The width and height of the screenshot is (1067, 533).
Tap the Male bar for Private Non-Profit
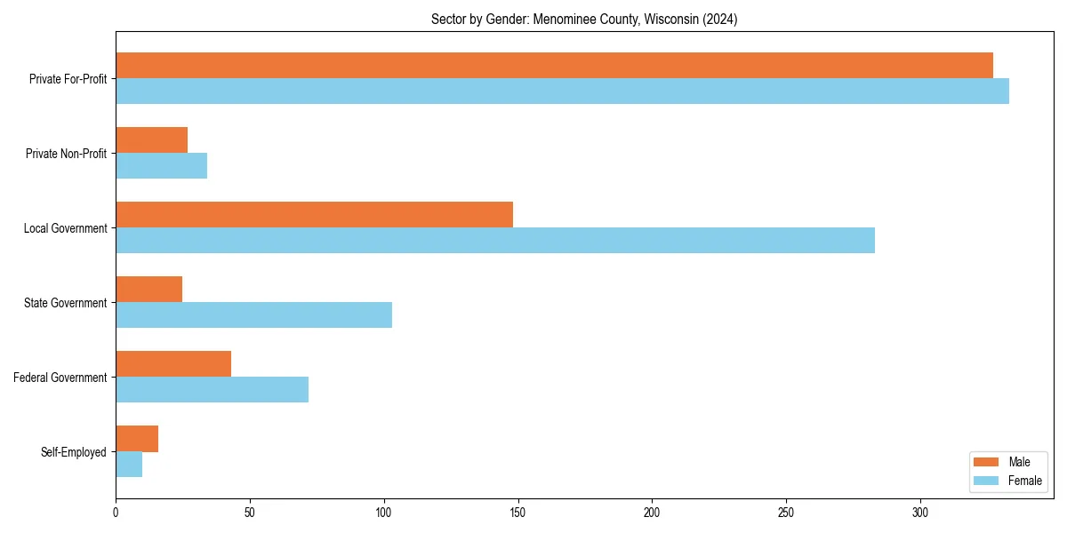pyautogui.click(x=151, y=140)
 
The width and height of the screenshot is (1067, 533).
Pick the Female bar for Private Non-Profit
pyautogui.click(x=161, y=166)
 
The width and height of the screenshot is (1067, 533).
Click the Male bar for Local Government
pyautogui.click(x=314, y=215)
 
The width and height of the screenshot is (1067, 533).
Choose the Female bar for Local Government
pyautogui.click(x=495, y=241)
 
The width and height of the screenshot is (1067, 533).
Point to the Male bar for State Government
pyautogui.click(x=148, y=290)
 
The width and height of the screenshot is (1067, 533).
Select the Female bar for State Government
pyautogui.click(x=253, y=315)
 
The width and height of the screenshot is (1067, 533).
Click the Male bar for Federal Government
pyautogui.click(x=173, y=364)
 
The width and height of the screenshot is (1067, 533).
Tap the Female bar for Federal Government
pyautogui.click(x=212, y=390)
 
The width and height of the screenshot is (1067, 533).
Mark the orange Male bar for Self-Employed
pyautogui.click(x=137, y=439)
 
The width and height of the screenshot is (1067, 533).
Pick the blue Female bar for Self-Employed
pyautogui.click(x=129, y=465)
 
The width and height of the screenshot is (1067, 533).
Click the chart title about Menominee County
pyautogui.click(x=584, y=19)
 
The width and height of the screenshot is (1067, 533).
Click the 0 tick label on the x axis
pyautogui.click(x=116, y=513)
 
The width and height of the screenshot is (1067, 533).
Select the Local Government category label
pyautogui.click(x=65, y=228)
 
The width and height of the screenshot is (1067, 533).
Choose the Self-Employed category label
pyautogui.click(x=73, y=452)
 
